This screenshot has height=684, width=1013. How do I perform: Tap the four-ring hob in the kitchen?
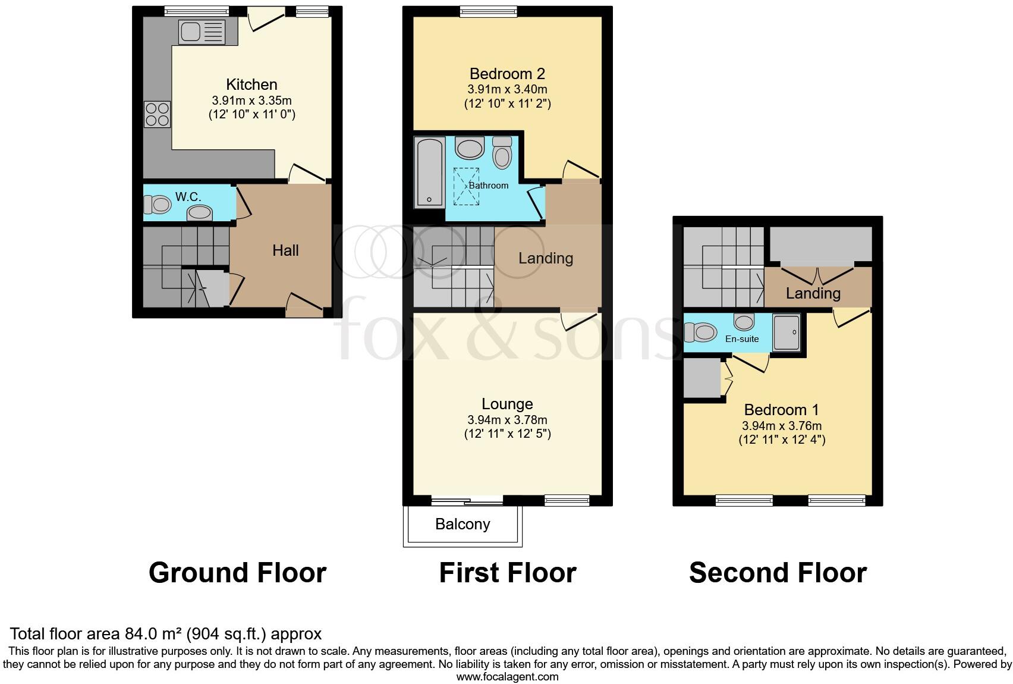[x=157, y=114]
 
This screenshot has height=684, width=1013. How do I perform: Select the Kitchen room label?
[x=251, y=84]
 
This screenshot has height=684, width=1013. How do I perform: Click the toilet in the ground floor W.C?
[x=158, y=205]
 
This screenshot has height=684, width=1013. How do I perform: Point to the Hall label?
[x=285, y=250]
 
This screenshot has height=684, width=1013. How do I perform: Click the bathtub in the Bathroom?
[x=429, y=172]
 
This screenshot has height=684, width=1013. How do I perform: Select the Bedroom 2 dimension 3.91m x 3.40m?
[x=507, y=89]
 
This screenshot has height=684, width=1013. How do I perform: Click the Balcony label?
[x=463, y=524]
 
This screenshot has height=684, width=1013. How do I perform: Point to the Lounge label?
[x=507, y=404]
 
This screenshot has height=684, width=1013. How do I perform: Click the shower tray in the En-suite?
[x=787, y=332]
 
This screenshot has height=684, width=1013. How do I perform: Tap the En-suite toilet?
[x=700, y=331]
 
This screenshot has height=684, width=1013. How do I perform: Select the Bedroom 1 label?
[x=781, y=410]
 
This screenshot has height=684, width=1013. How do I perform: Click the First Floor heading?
[x=507, y=573]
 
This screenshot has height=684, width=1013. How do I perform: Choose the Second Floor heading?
[x=778, y=573]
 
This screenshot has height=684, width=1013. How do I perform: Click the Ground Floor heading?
[x=237, y=573]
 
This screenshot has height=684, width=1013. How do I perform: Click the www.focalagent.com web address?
[x=507, y=677]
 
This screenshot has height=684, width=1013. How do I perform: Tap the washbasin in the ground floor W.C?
[x=200, y=212]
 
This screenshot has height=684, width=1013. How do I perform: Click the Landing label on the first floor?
[x=545, y=258]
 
